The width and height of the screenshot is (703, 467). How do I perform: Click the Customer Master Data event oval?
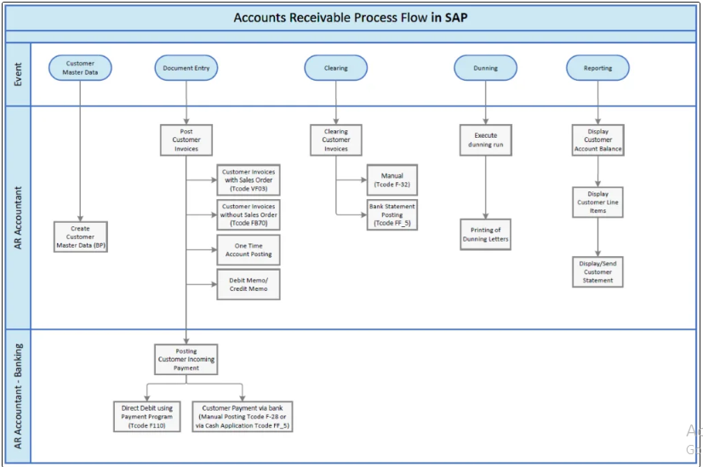(x=80, y=68)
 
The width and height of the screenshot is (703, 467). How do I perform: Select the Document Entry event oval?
(x=186, y=68)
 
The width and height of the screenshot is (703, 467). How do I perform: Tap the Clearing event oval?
(x=335, y=68)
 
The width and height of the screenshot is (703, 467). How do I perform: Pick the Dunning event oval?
(x=486, y=68)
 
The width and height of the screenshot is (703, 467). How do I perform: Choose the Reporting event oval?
(x=597, y=68)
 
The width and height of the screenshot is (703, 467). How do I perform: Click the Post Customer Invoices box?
(x=186, y=140)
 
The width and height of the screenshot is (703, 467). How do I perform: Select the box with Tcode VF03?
(x=249, y=180)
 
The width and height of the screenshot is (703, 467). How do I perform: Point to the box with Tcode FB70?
(x=249, y=215)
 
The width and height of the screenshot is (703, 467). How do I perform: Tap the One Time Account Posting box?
(x=249, y=249)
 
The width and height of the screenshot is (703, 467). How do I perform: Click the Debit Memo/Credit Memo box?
(x=249, y=284)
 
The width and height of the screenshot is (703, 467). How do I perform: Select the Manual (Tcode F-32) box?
(x=392, y=179)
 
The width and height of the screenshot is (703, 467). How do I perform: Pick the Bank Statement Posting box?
(x=392, y=214)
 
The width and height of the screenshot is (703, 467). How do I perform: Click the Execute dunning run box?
(x=486, y=140)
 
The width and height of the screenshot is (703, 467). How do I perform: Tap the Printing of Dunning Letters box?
(x=486, y=235)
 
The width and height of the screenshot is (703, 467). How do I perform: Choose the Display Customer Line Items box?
(x=597, y=202)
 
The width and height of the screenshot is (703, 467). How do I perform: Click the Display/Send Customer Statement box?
(x=597, y=271)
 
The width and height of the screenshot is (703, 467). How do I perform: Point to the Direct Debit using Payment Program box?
(x=149, y=417)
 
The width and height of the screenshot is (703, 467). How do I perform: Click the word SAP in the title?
(x=455, y=17)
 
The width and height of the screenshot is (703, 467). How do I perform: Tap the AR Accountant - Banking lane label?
(x=18, y=396)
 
